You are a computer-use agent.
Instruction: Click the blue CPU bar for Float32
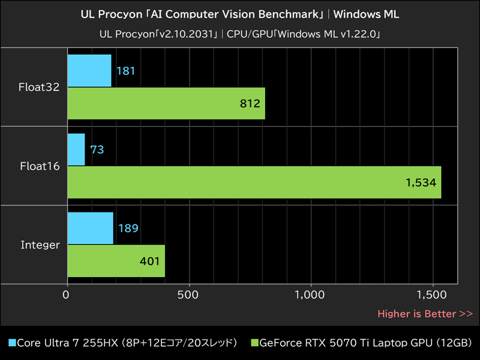(89, 71)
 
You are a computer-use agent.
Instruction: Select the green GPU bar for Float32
(166, 103)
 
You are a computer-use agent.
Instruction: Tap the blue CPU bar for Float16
(76, 149)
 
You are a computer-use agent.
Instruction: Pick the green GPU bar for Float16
(254, 182)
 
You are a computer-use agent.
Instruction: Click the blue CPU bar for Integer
(91, 228)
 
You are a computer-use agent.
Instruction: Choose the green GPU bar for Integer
(116, 261)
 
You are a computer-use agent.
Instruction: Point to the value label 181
(125, 71)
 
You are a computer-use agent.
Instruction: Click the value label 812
(250, 104)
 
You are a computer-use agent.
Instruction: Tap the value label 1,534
(422, 183)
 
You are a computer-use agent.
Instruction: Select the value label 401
(150, 261)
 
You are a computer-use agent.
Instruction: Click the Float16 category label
(40, 166)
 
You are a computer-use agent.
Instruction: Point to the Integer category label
(40, 245)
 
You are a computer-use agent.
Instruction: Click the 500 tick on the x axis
(189, 295)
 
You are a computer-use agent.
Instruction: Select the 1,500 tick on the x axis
(432, 295)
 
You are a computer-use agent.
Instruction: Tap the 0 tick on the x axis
(67, 295)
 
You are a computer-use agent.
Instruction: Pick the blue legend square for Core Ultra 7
(11, 343)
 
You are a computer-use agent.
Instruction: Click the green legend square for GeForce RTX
(254, 343)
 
